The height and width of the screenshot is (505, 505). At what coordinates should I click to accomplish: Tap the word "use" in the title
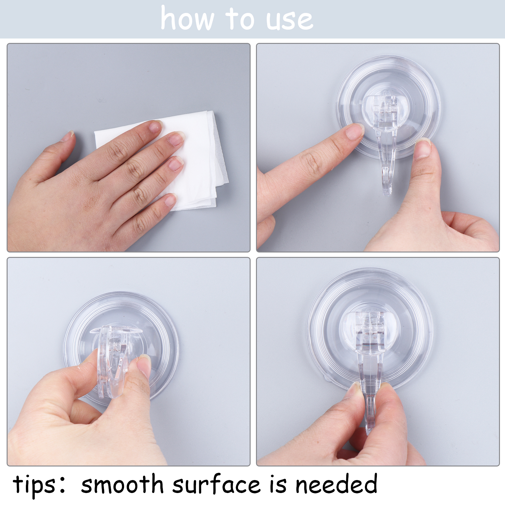(290, 21)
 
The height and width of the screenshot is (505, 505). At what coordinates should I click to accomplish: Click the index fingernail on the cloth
(155, 127)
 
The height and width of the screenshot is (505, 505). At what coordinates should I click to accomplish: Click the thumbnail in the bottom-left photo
(145, 366)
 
